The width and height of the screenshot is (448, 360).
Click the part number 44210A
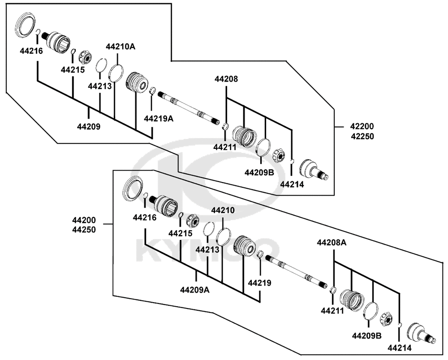tap(121, 47)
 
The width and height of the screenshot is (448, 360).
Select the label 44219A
tap(159, 118)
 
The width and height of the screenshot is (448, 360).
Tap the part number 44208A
tap(332, 243)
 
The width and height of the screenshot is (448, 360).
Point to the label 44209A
tap(195, 290)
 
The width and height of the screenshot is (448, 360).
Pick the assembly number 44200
tap(84, 220)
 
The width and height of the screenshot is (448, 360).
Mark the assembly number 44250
tap(84, 230)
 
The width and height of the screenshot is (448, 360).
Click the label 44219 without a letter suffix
tap(259, 283)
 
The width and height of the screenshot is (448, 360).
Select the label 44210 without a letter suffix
tap(223, 210)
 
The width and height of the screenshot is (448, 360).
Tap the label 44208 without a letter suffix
tap(226, 79)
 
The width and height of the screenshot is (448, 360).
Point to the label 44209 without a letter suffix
tap(89, 127)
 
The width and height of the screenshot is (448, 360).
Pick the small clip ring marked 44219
tap(260, 254)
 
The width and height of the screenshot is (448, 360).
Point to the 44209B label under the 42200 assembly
tap(259, 173)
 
